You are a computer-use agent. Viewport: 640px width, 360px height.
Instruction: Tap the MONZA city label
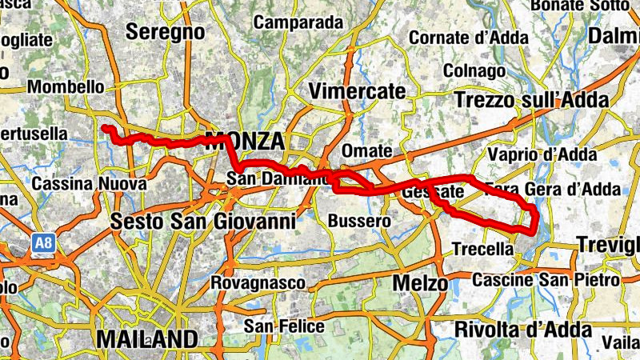click(x=246, y=142)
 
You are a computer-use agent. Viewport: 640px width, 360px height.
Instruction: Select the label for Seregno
click(x=166, y=32)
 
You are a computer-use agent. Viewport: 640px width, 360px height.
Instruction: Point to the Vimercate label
click(x=357, y=91)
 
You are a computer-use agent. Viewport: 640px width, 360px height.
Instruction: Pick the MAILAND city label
click(x=146, y=338)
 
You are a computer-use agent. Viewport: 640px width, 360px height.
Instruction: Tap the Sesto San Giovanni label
click(x=204, y=220)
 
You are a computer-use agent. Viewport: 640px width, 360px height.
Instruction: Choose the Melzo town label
click(x=420, y=283)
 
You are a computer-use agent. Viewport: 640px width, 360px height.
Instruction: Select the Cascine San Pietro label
click(x=546, y=281)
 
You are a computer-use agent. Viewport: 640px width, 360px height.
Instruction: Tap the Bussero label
click(x=359, y=220)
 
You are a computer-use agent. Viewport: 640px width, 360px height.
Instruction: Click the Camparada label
click(x=298, y=22)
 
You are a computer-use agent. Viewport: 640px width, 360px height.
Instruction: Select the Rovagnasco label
click(x=258, y=283)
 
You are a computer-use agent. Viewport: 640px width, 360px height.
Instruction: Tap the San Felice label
click(x=284, y=326)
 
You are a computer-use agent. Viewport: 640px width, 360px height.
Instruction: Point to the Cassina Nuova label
click(x=89, y=184)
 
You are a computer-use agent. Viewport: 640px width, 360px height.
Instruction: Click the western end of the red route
click(x=104, y=127)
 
